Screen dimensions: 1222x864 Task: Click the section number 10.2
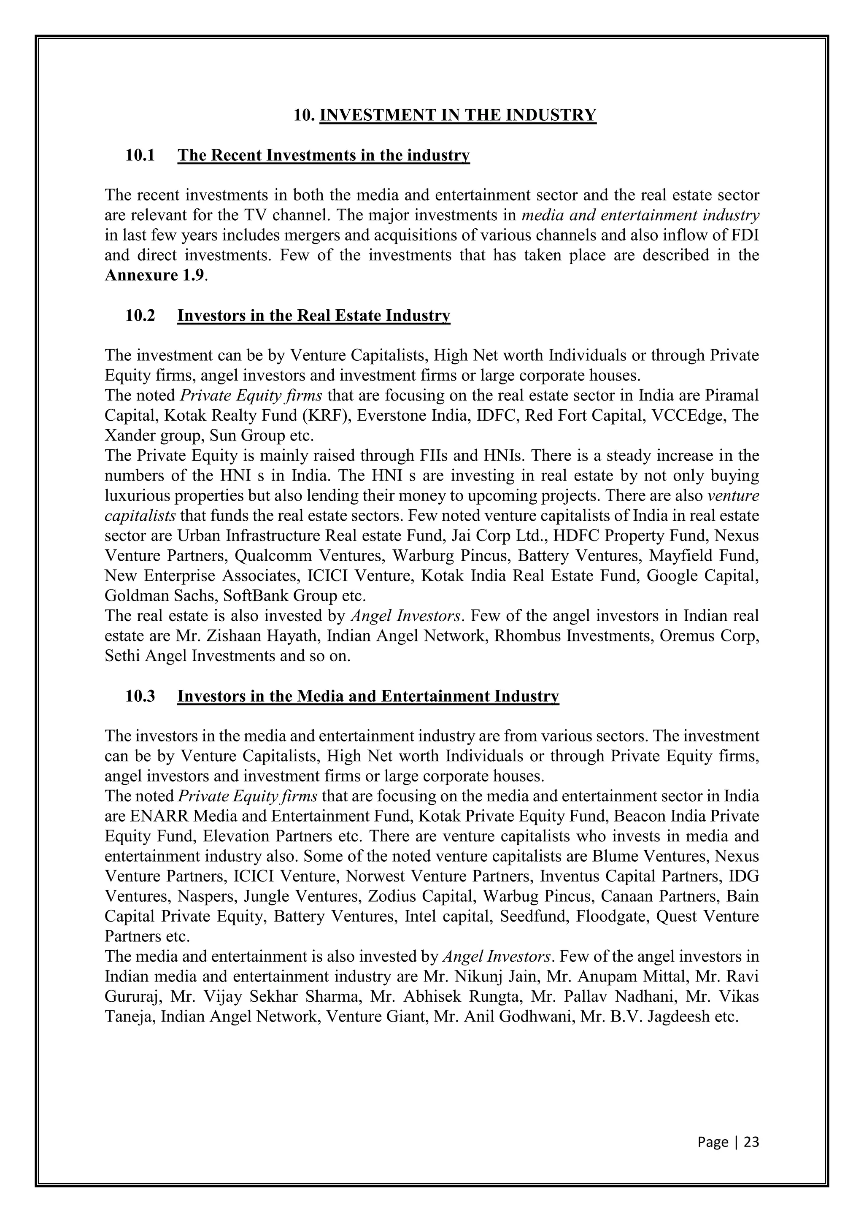pyautogui.click(x=140, y=316)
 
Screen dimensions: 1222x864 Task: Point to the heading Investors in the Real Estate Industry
pyautogui.click(x=313, y=316)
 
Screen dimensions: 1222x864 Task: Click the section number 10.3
pyautogui.click(x=140, y=696)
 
